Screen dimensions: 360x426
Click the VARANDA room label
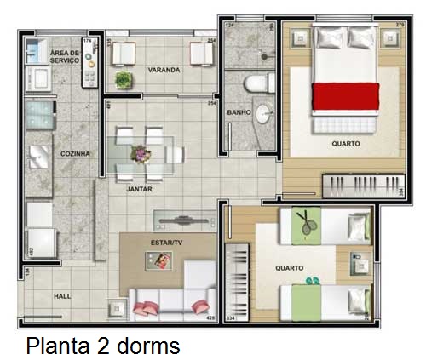coord(163,70)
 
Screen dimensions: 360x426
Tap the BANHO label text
coord(239,112)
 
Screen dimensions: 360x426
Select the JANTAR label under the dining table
coord(139,189)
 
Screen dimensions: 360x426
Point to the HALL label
coord(62,296)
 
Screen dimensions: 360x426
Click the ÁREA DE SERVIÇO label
coord(65,56)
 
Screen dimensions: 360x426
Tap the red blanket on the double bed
coord(345,96)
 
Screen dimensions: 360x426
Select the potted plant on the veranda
coord(124,80)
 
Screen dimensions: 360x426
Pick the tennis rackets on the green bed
coord(305,225)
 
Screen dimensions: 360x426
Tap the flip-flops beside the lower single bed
coord(314,279)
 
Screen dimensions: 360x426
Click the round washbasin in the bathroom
coord(263,114)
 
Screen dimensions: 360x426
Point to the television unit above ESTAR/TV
coord(181,219)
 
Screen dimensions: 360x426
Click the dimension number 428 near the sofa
coord(209,320)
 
